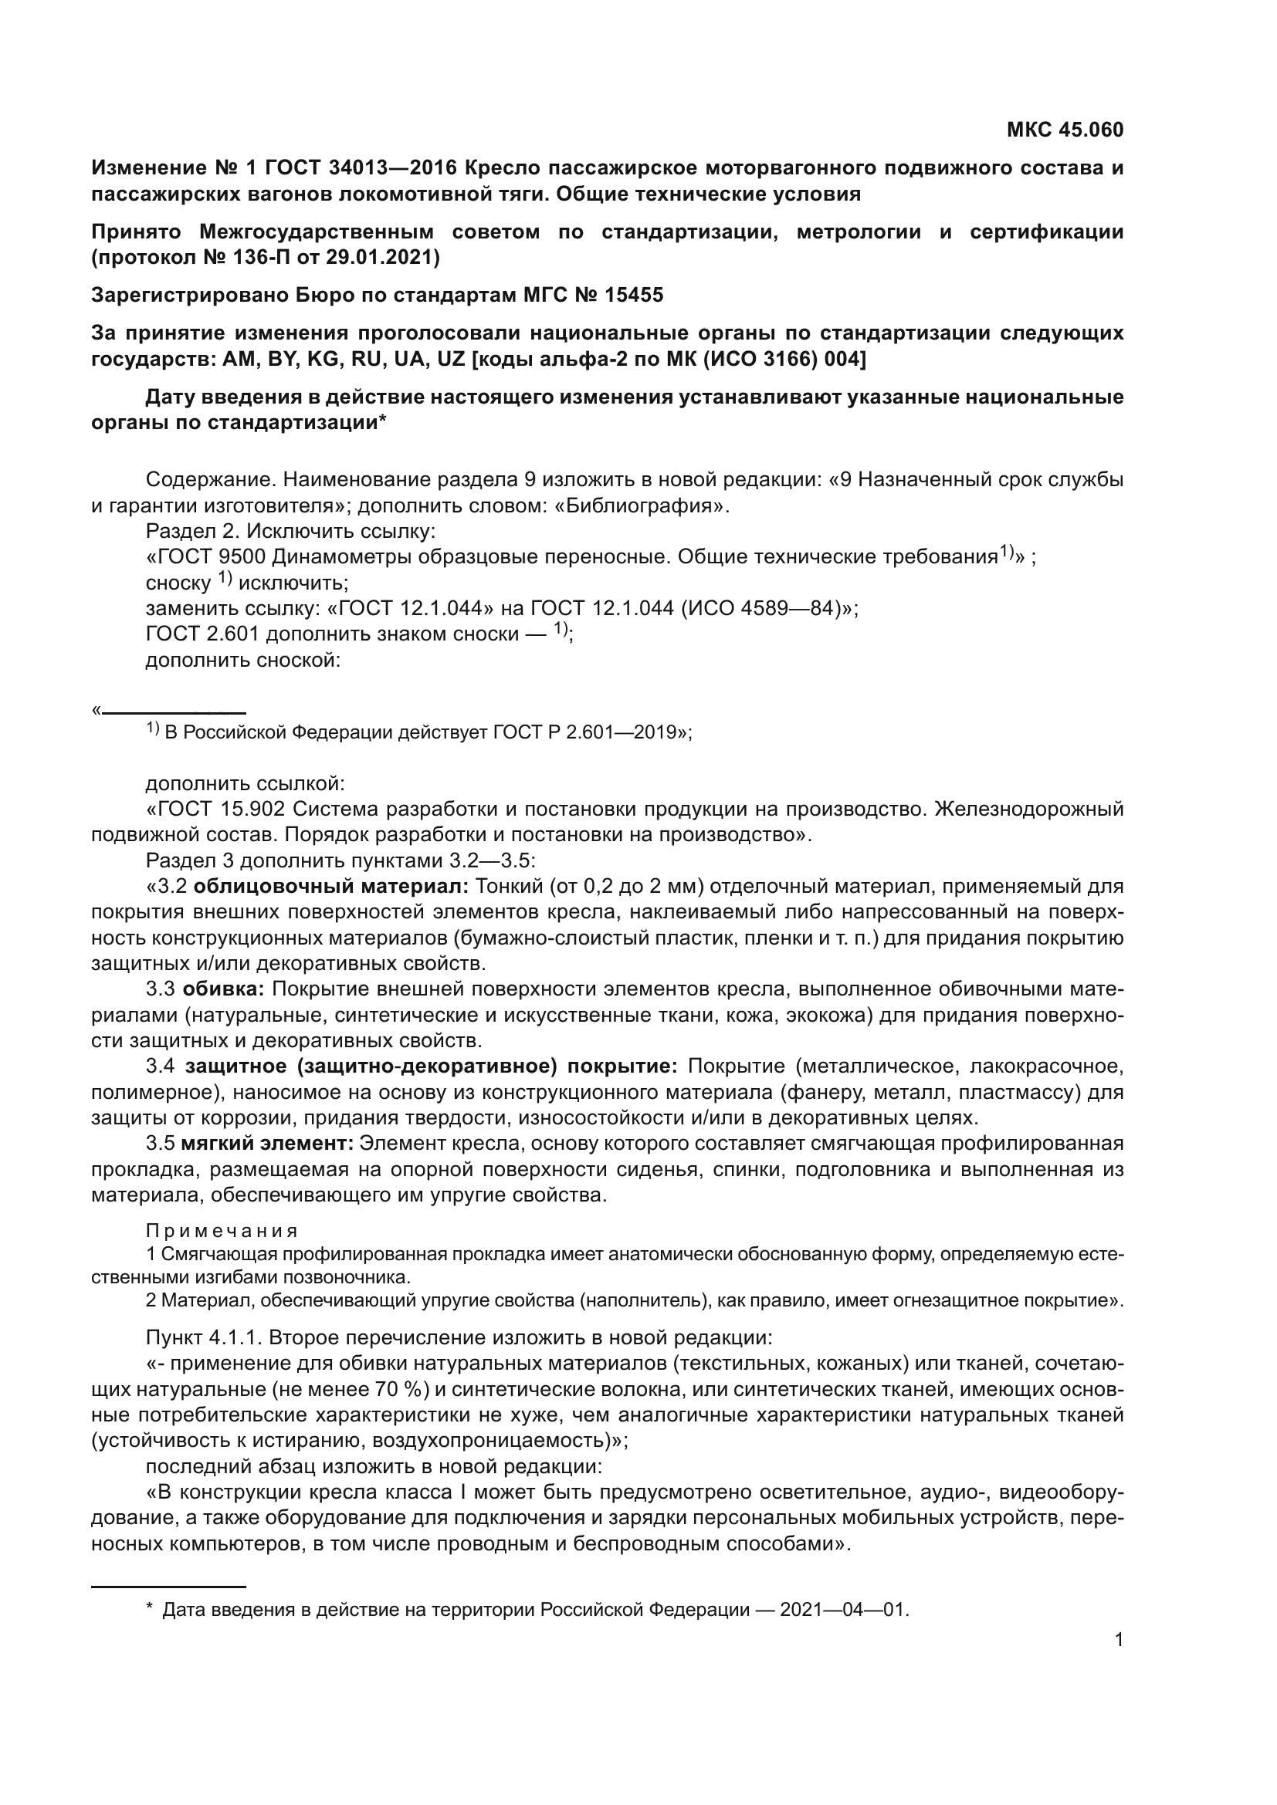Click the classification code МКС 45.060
pos(1065,130)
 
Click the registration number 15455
pos(634,295)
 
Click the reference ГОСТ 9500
pos(209,557)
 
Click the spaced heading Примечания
pos(222,1230)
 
